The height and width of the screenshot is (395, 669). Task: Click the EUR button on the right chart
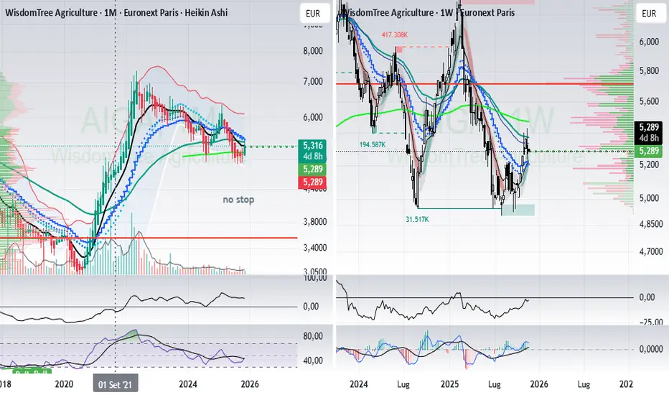648,13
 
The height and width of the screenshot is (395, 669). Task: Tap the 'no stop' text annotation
238,199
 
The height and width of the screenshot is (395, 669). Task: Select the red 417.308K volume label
396,34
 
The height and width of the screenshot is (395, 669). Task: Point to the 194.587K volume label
375,145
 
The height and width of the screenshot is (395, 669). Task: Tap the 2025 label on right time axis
450,385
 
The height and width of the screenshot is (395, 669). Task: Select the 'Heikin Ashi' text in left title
199,13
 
